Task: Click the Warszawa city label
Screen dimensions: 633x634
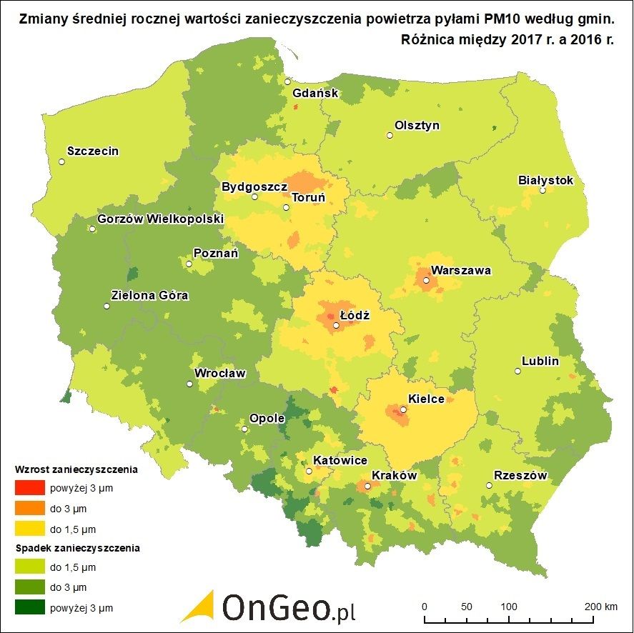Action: tap(461, 271)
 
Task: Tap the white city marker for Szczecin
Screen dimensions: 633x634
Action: tap(62, 162)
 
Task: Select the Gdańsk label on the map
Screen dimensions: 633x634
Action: tap(315, 93)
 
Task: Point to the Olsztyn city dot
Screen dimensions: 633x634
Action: tap(390, 135)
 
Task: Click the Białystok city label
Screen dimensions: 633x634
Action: tap(545, 180)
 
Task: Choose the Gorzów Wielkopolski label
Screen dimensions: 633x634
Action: tap(160, 219)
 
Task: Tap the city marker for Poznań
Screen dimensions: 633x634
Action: tap(189, 264)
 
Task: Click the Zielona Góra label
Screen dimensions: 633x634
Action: tap(150, 295)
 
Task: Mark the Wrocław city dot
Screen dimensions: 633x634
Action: tap(189, 384)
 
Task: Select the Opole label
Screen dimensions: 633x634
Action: tap(267, 419)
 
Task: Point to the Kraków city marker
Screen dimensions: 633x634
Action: tap(367, 487)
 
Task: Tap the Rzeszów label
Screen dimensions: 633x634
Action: tap(520, 476)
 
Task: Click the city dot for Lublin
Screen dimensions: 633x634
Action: tap(517, 371)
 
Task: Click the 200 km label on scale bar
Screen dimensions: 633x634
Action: tap(600, 607)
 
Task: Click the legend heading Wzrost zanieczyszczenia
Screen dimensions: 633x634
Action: tap(76, 471)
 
